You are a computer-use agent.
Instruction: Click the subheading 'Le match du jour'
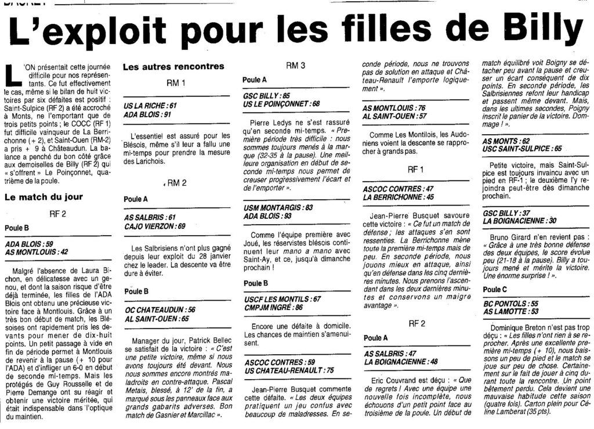coord(44,197)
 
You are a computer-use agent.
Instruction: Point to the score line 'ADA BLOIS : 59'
coord(28,244)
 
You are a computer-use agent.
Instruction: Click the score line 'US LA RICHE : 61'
coord(150,106)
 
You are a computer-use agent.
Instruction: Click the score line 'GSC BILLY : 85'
coord(267,95)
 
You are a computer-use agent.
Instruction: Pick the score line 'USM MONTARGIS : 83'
coord(278,207)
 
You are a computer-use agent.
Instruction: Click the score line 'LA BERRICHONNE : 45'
coord(397,197)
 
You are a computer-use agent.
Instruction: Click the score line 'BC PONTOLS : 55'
coord(510,303)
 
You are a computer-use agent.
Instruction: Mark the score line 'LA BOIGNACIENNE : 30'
coord(520,221)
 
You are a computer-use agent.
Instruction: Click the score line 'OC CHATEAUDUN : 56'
coord(160,310)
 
